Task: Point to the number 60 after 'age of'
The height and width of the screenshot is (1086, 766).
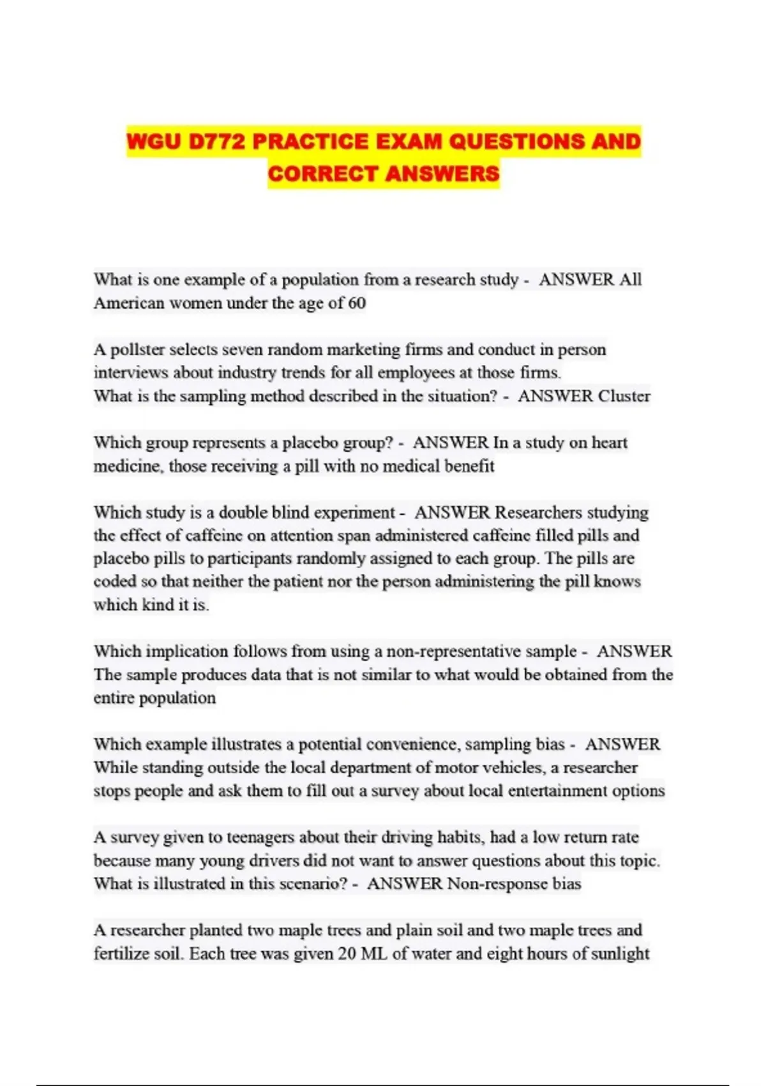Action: [x=357, y=303]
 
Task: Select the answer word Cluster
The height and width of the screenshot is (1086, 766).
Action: [x=624, y=396]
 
